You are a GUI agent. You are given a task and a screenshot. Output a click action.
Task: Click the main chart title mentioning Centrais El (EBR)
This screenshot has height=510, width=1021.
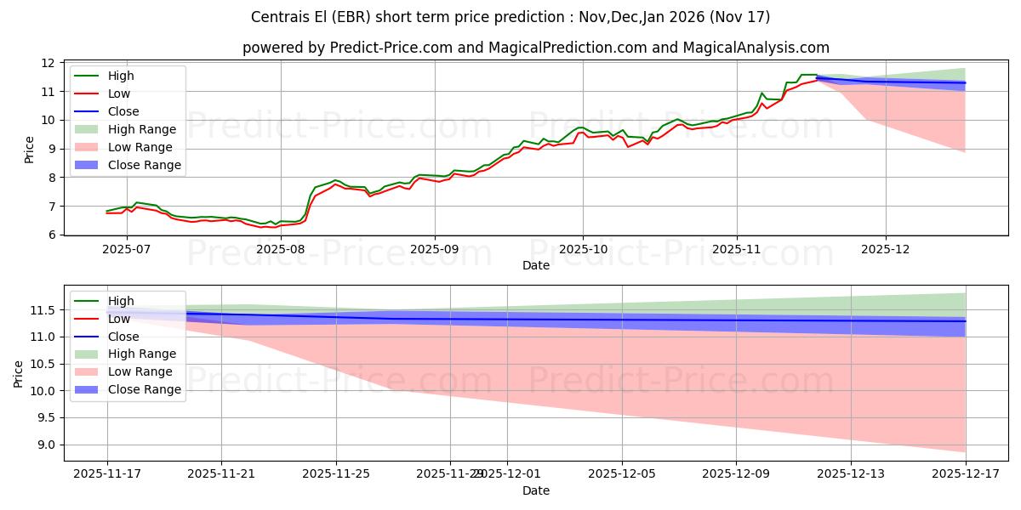[x=510, y=17]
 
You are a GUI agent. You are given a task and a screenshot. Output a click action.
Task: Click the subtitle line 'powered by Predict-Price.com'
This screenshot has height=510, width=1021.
[x=536, y=48]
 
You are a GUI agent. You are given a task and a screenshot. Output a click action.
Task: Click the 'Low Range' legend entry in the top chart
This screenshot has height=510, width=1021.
[x=141, y=147]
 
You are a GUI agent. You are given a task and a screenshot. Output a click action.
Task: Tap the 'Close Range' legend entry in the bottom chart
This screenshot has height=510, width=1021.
[x=144, y=389]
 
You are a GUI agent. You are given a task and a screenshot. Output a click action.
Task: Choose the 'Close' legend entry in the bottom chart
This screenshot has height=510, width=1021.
[x=123, y=336]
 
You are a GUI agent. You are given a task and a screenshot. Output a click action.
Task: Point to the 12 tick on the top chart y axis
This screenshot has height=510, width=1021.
[x=48, y=63]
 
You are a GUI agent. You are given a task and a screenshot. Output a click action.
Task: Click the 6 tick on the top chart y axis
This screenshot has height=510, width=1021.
[x=52, y=235]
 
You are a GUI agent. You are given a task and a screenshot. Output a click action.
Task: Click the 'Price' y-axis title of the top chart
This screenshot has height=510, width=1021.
[x=30, y=150]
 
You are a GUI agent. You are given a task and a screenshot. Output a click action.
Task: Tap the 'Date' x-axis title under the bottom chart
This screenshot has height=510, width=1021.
[x=536, y=490]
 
